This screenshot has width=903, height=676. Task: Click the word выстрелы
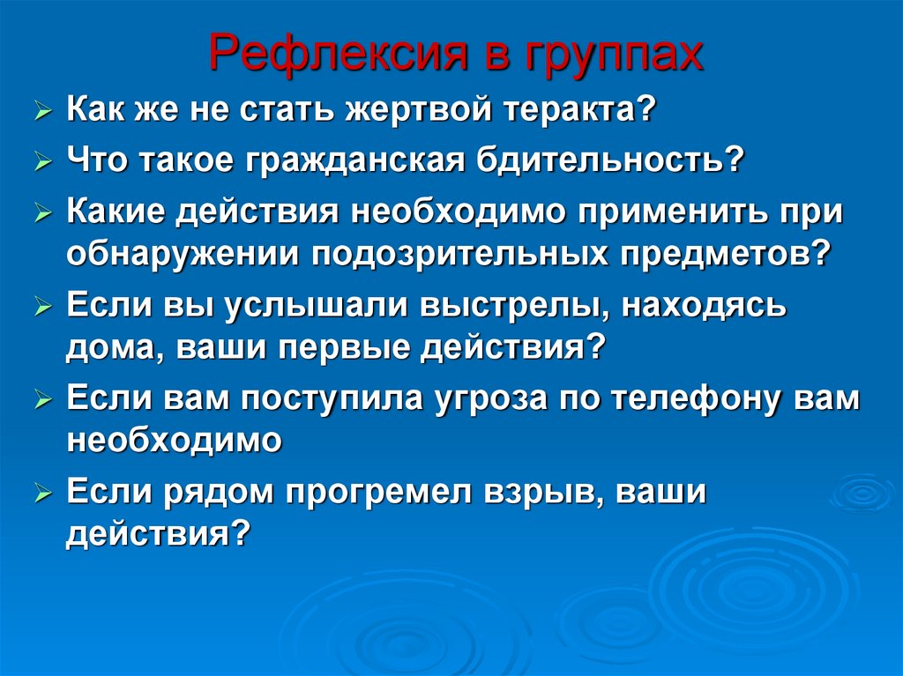[503, 306]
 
